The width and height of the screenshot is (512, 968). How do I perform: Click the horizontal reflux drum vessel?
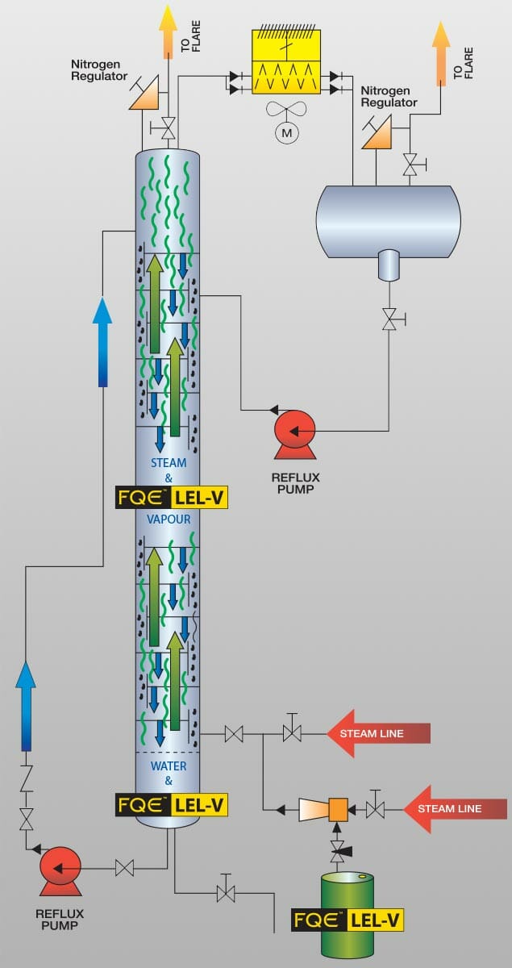[x=388, y=220]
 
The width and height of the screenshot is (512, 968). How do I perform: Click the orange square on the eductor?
[x=336, y=808]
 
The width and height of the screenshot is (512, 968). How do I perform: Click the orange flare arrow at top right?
[x=440, y=52]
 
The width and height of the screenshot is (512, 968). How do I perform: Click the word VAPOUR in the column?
[x=169, y=519]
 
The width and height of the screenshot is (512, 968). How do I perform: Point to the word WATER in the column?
[x=169, y=766]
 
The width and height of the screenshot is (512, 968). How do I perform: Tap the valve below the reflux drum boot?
[x=389, y=319]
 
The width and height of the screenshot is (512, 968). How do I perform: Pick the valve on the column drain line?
[x=226, y=893]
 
